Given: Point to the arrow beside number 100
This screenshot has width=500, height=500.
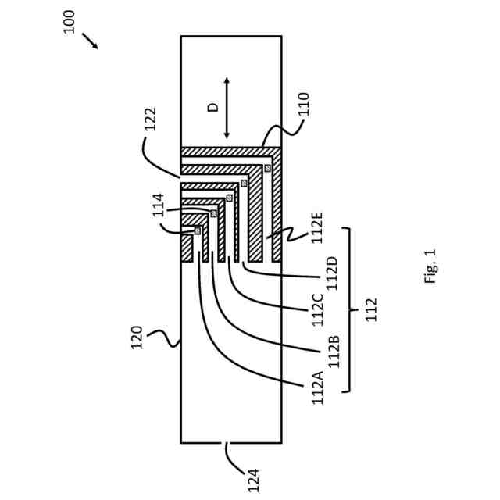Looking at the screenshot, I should pos(90,41).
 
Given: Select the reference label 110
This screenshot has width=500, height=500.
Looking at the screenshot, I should pos(304,105).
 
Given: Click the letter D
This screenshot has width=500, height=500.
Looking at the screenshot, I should pos(213,108).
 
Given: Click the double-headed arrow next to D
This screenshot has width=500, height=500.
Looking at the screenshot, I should pos(227,108).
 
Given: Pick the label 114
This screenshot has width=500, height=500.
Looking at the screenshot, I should pos(159,205).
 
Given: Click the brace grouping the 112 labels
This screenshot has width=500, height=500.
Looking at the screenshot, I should pos(349,309).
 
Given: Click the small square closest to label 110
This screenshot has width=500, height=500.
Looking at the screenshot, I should pos(267,168).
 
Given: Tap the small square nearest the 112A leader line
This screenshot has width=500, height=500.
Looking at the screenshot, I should pos(198,230).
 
